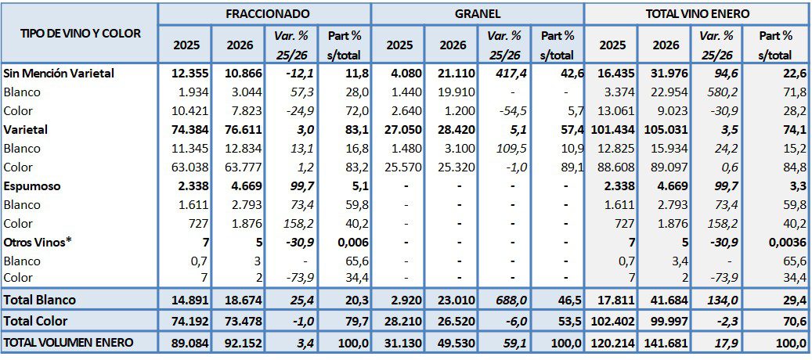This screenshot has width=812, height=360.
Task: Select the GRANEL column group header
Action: click(x=477, y=13)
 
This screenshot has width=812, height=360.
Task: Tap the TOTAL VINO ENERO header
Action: click(x=698, y=13)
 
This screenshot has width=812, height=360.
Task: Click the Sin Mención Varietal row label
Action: click(x=60, y=73)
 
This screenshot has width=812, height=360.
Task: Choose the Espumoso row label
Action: click(x=33, y=187)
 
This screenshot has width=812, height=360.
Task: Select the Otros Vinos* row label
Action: click(x=37, y=243)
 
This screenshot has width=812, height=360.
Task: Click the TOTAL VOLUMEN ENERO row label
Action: click(x=69, y=342)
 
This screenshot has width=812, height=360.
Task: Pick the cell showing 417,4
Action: click(x=505, y=73)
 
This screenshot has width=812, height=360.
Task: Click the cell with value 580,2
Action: click(x=718, y=92)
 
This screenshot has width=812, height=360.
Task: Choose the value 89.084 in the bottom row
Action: click(x=187, y=342)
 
